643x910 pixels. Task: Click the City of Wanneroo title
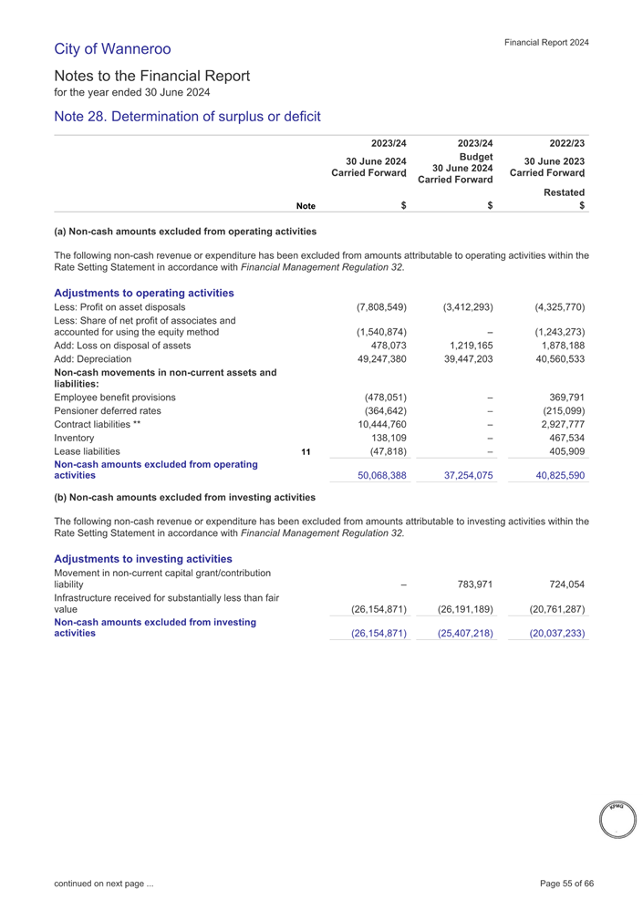pyautogui.click(x=112, y=47)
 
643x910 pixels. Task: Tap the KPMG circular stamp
pyautogui.click(x=616, y=818)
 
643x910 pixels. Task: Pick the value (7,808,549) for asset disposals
pyautogui.click(x=381, y=306)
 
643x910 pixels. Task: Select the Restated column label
pyautogui.click(x=564, y=193)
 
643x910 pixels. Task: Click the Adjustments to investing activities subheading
pyautogui.click(x=143, y=558)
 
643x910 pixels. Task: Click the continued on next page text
pyautogui.click(x=103, y=884)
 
